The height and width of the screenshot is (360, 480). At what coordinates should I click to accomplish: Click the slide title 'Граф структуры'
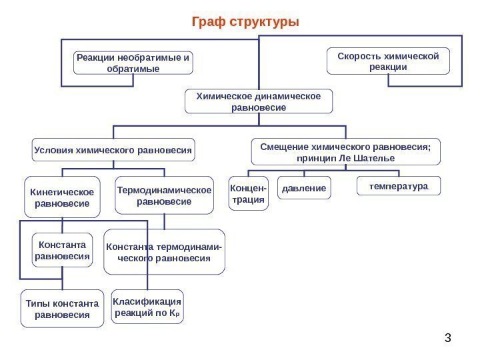pyautogui.click(x=245, y=22)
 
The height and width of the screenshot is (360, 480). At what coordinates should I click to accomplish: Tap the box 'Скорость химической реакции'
pyautogui.click(x=388, y=61)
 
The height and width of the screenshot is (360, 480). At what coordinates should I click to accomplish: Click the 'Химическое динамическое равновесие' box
pyautogui.click(x=257, y=101)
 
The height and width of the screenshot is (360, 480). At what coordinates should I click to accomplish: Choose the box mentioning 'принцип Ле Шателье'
pyautogui.click(x=345, y=152)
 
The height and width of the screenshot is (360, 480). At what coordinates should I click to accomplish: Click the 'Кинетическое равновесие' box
pyautogui.click(x=62, y=197)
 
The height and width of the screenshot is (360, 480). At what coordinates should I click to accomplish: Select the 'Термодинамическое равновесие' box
pyautogui.click(x=164, y=195)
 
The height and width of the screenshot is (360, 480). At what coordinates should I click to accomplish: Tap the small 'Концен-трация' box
pyautogui.click(x=248, y=193)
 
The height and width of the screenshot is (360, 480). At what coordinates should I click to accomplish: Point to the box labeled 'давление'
pyautogui.click(x=303, y=189)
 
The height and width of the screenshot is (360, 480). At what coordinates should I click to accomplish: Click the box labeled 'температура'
pyautogui.click(x=399, y=186)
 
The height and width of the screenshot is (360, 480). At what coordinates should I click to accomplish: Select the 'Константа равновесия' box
pyautogui.click(x=62, y=250)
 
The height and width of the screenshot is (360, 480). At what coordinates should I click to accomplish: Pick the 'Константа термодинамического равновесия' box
pyautogui.click(x=164, y=252)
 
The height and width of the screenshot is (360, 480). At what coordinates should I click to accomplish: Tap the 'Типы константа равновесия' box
pyautogui.click(x=62, y=309)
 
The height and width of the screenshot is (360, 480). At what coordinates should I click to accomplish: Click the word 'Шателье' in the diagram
pyautogui.click(x=374, y=159)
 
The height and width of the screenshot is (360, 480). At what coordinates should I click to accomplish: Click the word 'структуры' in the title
pyautogui.click(x=264, y=22)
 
